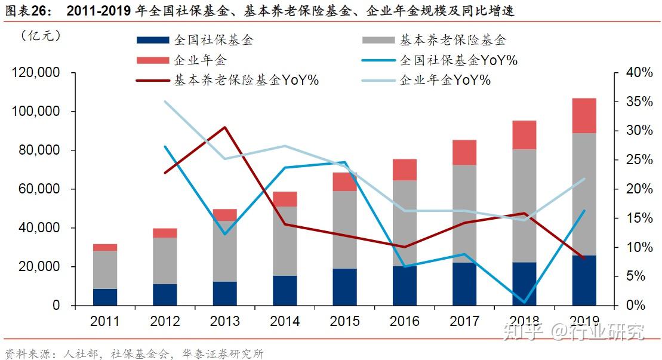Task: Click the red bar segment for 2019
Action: pos(584,115)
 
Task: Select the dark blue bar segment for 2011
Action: pos(105,297)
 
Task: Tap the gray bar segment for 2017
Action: pos(464,213)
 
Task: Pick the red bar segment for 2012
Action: pos(165,233)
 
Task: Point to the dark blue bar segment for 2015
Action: pos(344,287)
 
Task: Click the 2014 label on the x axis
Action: pos(285,321)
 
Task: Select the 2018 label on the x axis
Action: pos(524,321)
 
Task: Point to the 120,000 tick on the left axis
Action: pos(36,73)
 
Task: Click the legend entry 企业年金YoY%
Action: pos(445,80)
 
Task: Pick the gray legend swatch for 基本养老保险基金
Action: pos(378,41)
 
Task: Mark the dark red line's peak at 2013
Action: pos(225,127)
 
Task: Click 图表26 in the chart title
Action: pos(28,11)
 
